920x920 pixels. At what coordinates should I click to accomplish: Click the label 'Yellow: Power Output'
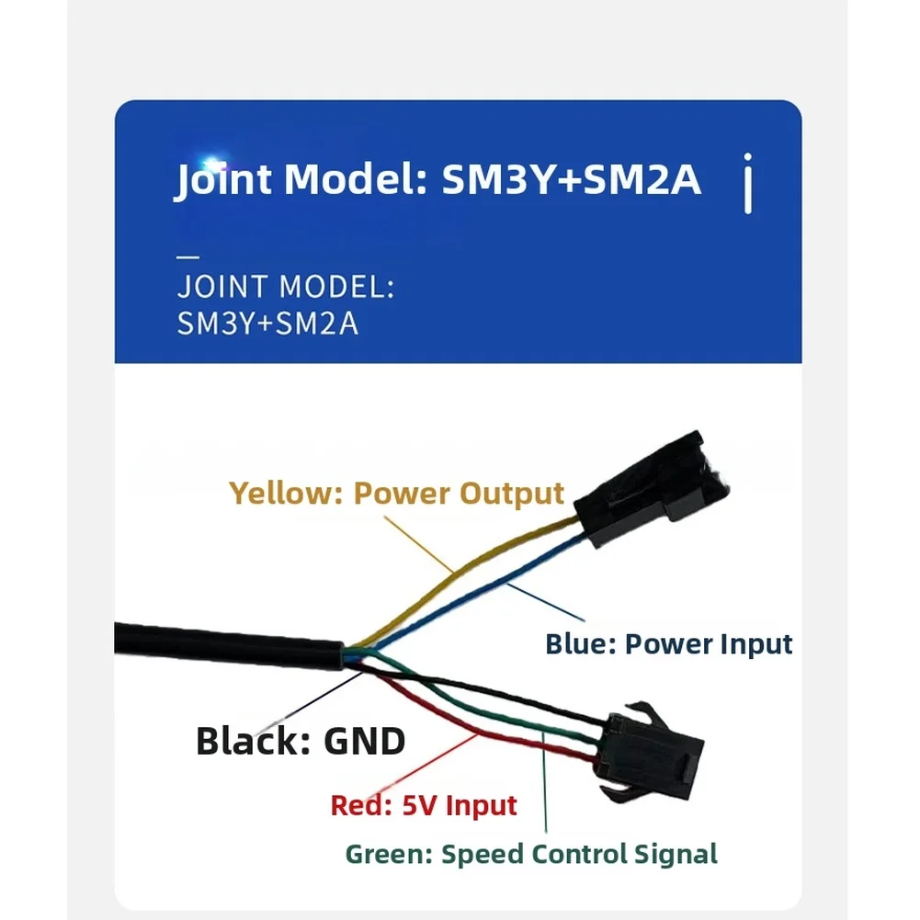(396, 494)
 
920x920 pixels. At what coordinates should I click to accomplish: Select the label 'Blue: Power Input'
(668, 643)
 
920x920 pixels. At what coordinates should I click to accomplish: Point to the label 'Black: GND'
(301, 741)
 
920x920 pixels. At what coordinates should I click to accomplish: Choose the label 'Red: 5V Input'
(424, 806)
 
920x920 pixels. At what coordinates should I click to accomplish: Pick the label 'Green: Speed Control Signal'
(531, 854)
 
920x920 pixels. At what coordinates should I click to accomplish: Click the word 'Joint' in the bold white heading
(224, 179)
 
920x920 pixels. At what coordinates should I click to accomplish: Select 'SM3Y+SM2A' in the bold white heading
(572, 179)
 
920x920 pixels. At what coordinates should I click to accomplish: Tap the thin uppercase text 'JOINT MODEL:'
(286, 287)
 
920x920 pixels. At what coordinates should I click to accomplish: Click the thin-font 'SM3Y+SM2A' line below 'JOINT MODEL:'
(267, 324)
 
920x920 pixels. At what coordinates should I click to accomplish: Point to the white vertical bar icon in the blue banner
(748, 184)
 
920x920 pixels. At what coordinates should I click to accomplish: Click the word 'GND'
(364, 741)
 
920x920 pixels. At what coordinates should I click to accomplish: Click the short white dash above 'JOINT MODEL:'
(187, 256)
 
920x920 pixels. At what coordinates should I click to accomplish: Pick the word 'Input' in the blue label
(755, 643)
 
